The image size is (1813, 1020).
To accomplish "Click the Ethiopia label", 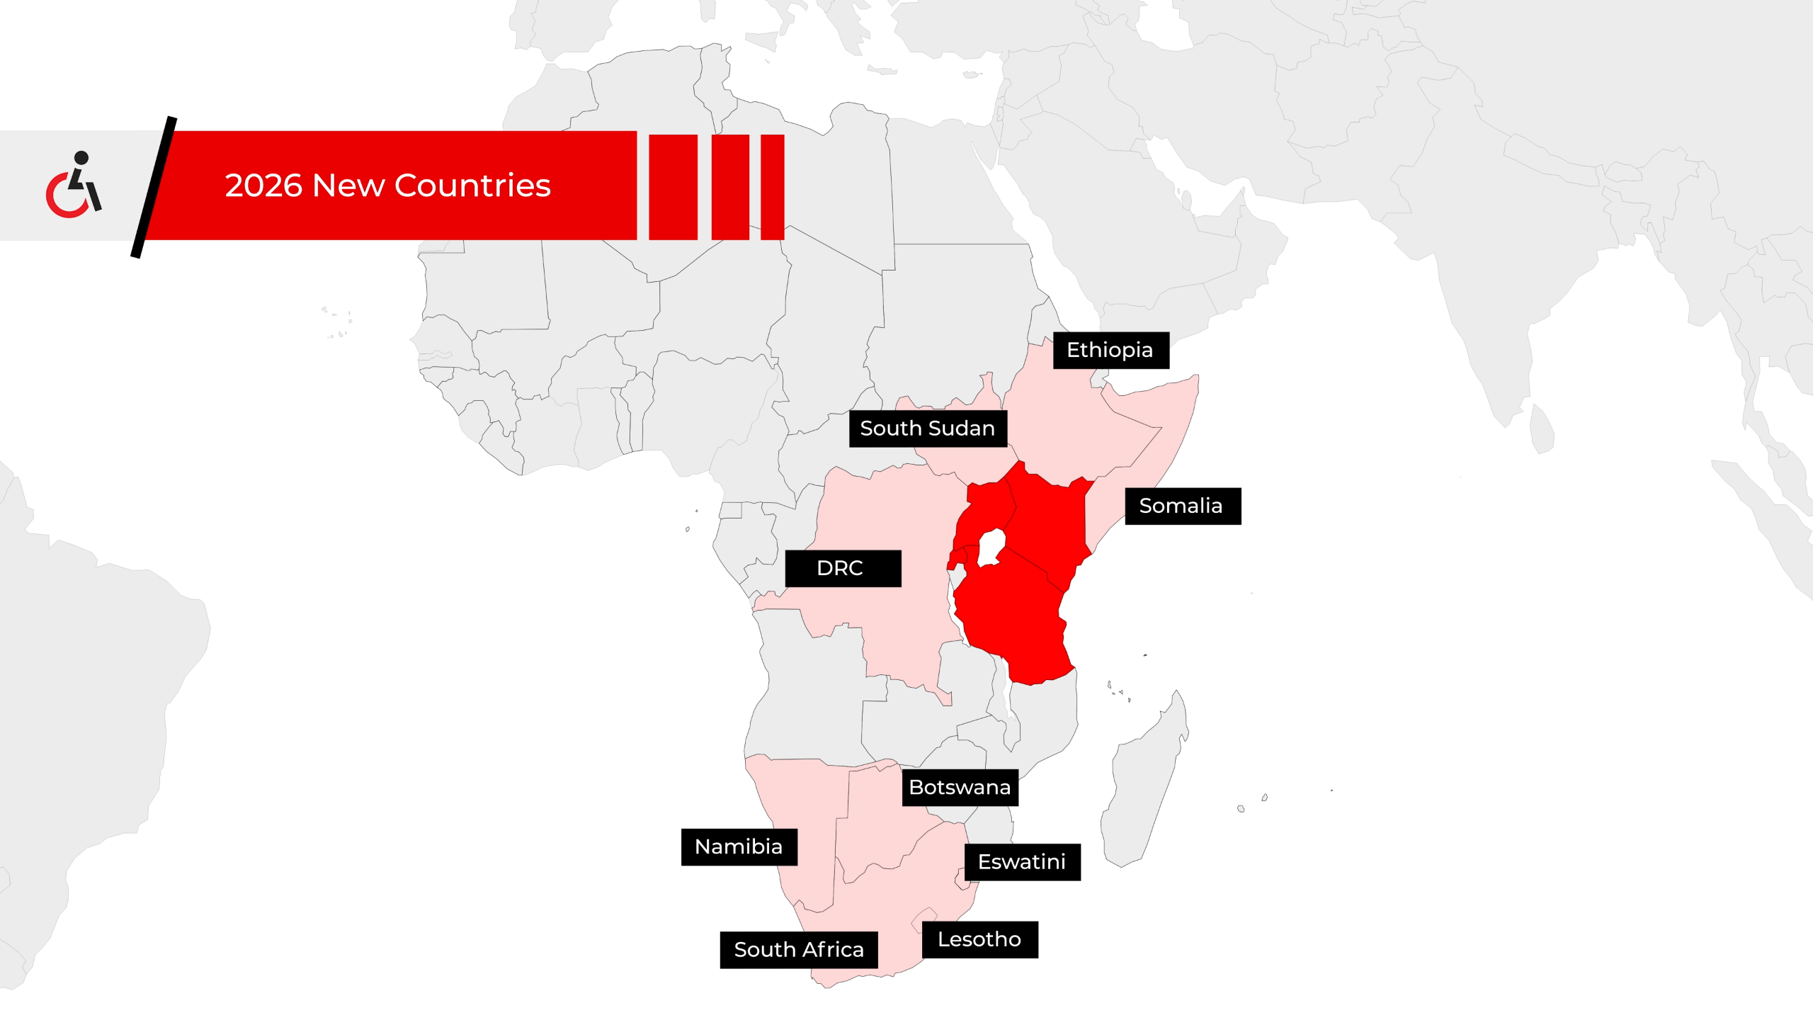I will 1110,350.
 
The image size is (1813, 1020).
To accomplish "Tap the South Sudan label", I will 928,429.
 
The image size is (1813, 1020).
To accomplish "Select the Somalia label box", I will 1183,506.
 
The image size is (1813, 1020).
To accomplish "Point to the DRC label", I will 843,568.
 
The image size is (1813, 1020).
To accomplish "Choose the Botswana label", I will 960,788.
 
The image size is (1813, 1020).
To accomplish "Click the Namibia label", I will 739,847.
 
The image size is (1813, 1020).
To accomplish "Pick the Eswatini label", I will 1022,862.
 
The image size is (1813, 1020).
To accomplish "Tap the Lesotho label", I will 979,940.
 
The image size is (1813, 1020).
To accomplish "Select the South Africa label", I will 799,950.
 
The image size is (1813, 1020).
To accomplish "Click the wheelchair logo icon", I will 74,186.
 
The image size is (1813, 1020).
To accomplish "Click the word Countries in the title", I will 472,186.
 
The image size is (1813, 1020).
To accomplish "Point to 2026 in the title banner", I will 263,186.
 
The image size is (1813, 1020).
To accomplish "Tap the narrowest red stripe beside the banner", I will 772,187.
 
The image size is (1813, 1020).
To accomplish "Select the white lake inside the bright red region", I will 991,547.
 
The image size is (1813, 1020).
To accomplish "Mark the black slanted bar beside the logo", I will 154,187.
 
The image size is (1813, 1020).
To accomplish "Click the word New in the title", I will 348,186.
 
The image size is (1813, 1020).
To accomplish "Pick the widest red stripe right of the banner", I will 673,187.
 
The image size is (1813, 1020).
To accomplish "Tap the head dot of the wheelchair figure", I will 81,157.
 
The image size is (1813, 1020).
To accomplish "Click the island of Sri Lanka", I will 1542,429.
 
